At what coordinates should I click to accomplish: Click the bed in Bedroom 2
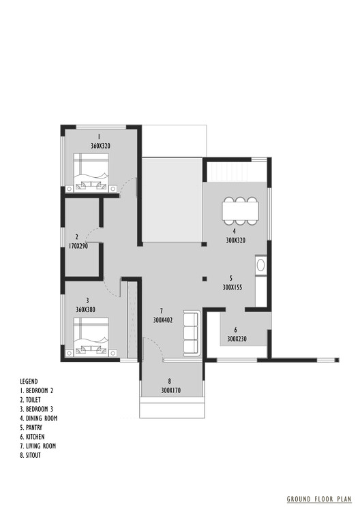pyautogui.click(x=91, y=170)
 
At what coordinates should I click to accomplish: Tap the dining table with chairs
pyautogui.click(x=240, y=211)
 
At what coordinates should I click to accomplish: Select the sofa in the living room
pyautogui.click(x=190, y=333)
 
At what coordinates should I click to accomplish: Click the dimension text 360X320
pyautogui.click(x=100, y=146)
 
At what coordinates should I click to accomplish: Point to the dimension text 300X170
pyautogui.click(x=171, y=391)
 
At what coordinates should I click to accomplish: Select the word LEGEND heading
pyautogui.click(x=29, y=381)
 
